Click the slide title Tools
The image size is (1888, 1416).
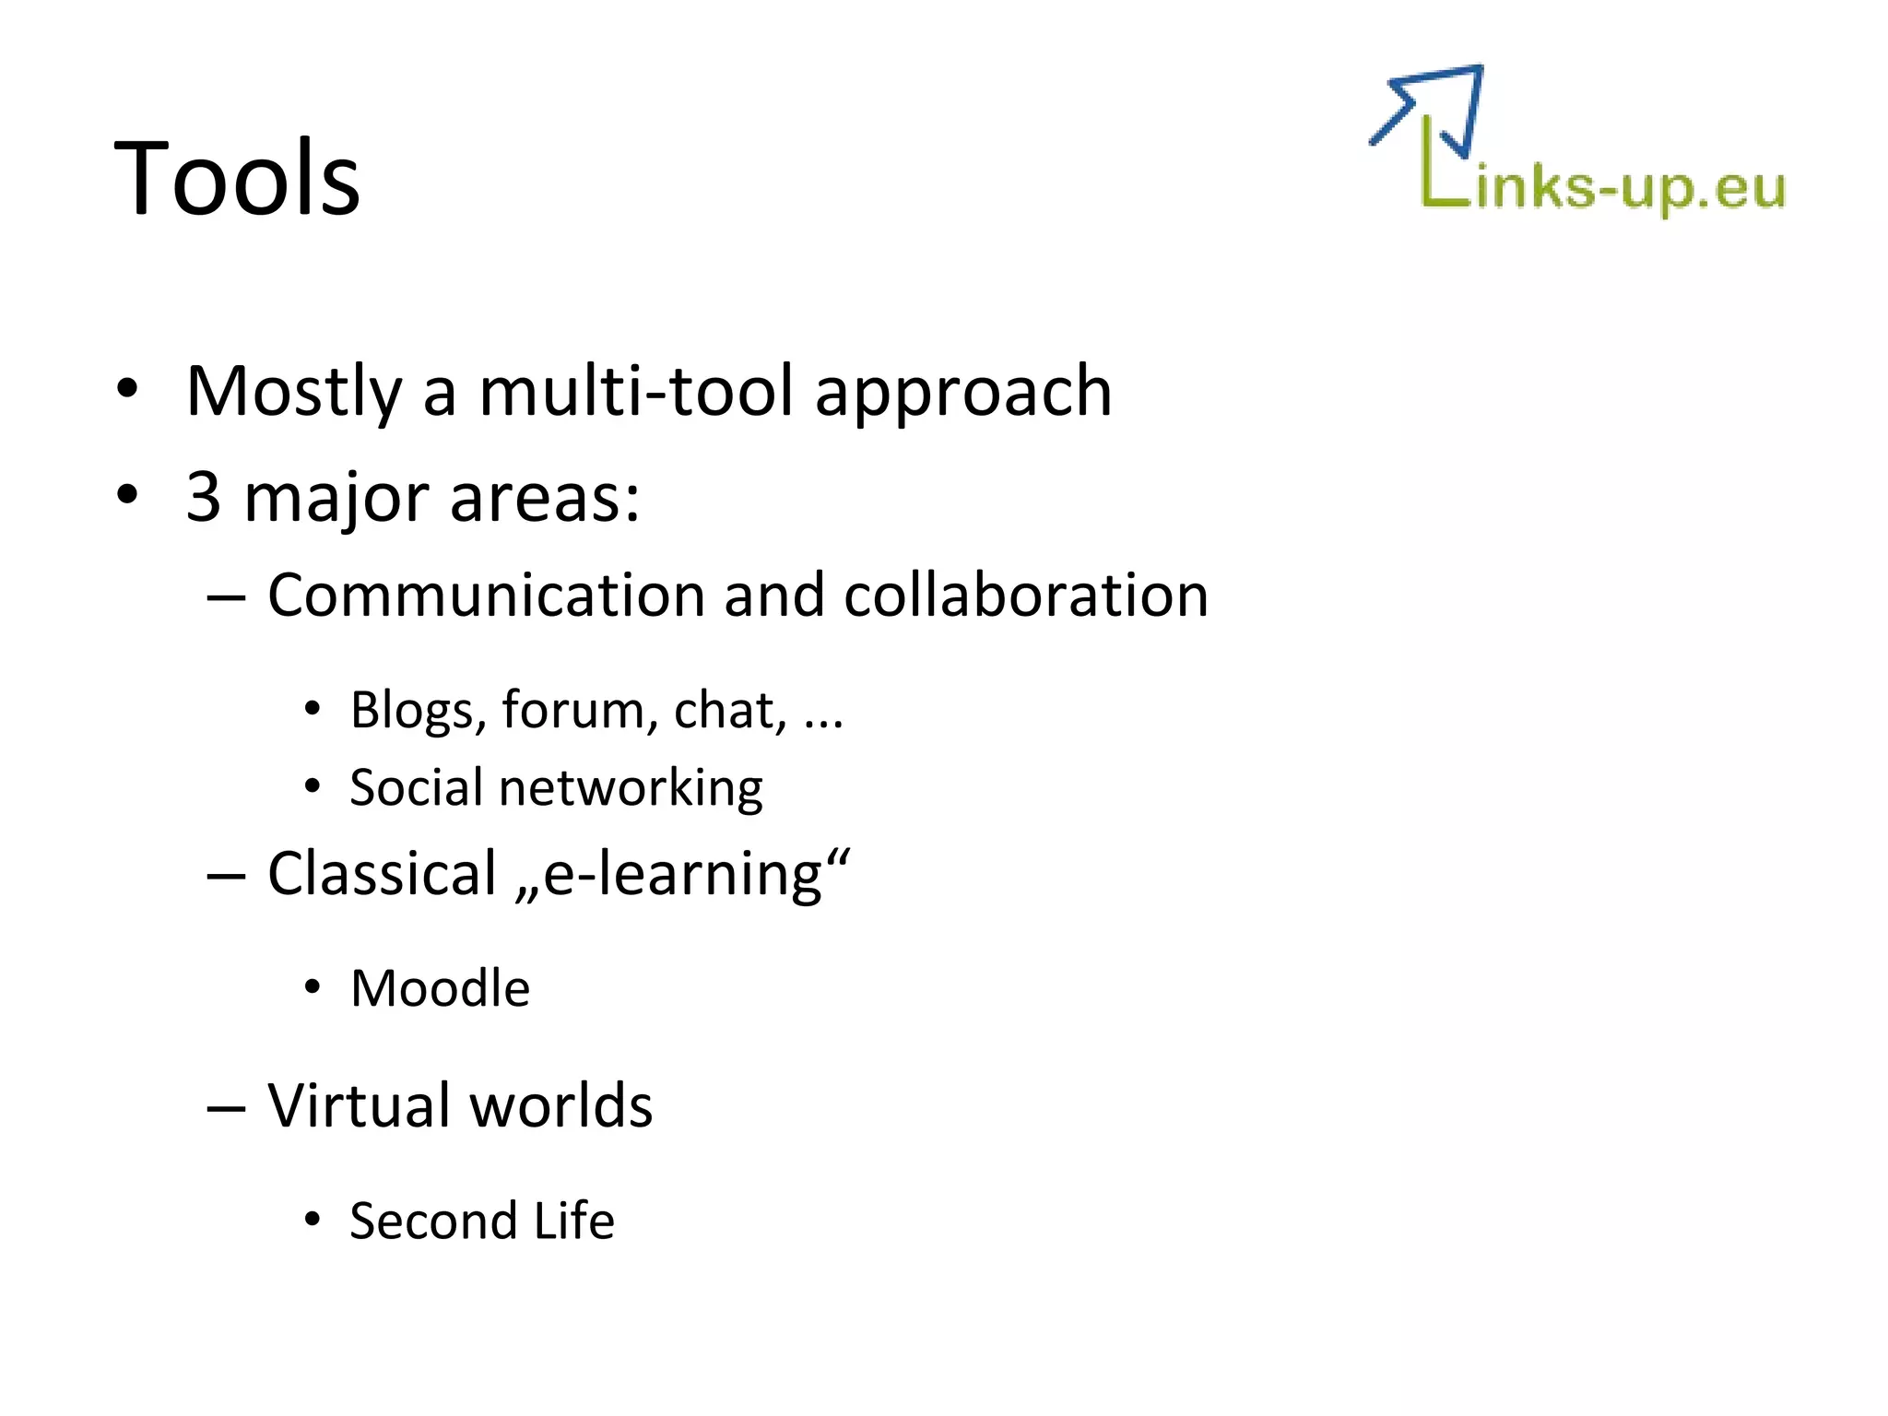click(237, 178)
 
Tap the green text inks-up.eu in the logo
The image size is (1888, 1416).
click(1630, 189)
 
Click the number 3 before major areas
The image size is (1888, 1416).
click(203, 497)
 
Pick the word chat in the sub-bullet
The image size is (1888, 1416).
click(729, 711)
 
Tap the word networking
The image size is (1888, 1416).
click(631, 789)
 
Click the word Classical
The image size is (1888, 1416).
click(382, 874)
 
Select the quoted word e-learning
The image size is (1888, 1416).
click(682, 874)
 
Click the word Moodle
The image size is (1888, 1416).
click(440, 989)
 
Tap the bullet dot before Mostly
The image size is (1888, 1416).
click(127, 389)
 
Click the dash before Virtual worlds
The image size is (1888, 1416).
click(226, 1107)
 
